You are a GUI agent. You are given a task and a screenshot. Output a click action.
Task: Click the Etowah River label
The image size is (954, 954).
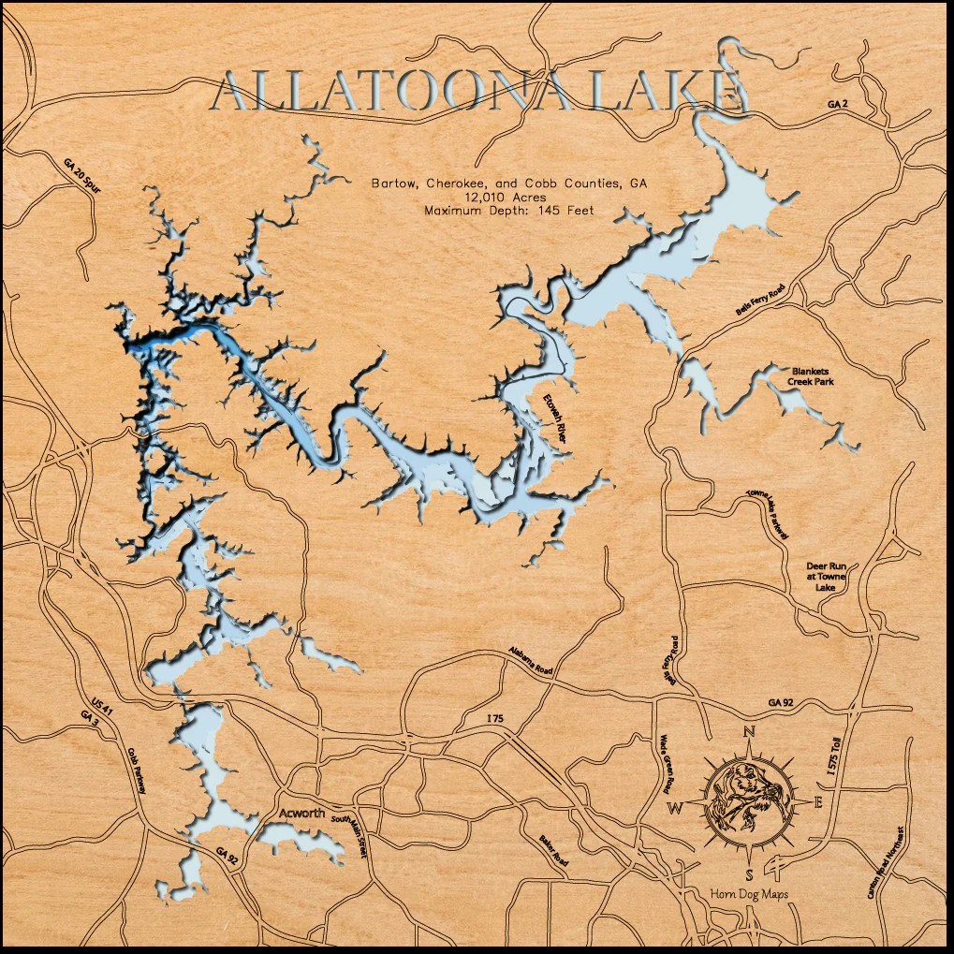555,418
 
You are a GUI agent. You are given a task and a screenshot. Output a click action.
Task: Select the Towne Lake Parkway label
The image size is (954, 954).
768,514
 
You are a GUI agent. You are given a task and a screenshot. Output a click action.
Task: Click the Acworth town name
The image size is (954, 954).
302,813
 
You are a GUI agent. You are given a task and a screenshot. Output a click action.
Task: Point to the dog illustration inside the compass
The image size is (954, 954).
748,797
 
